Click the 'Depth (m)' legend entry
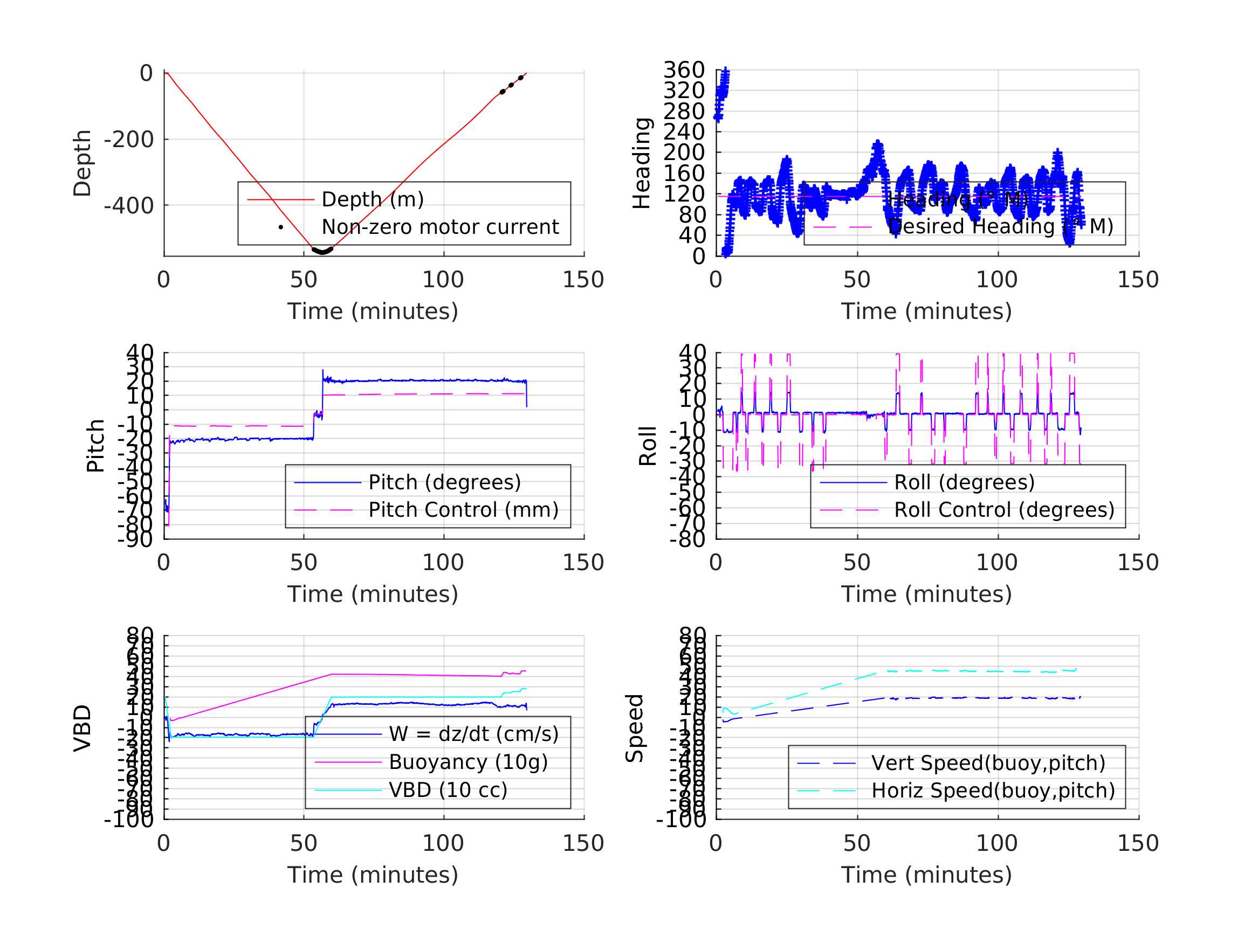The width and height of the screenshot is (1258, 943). (373, 199)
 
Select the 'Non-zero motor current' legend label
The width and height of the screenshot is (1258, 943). (439, 227)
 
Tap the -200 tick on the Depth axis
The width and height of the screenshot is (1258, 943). (128, 139)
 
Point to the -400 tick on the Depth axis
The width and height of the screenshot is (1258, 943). (128, 205)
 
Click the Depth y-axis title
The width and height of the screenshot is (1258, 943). (83, 163)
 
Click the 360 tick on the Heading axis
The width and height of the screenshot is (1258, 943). (684, 70)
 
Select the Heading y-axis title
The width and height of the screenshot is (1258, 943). (642, 163)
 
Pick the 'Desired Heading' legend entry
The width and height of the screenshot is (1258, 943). (1000, 227)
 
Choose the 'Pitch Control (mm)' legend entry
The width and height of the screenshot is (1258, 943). (463, 510)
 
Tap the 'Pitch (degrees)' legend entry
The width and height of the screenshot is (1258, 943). (444, 482)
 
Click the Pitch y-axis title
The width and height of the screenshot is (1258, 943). (95, 446)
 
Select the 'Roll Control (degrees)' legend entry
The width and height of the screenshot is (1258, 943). (1004, 510)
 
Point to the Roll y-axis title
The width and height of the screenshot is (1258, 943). (648, 446)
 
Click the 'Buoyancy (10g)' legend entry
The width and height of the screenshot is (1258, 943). (468, 762)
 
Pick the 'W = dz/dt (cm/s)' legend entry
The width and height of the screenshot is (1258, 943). (473, 734)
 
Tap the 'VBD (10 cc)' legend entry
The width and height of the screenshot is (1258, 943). (448, 789)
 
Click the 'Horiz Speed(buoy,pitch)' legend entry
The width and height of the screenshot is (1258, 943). (992, 790)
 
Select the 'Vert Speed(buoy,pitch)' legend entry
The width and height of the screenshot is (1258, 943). (988, 763)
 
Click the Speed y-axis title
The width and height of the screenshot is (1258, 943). (635, 728)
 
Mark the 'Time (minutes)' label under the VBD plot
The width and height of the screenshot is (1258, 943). (373, 875)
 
